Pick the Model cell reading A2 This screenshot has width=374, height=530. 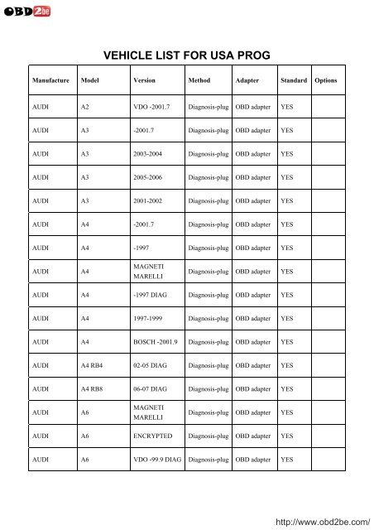click(86, 108)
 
